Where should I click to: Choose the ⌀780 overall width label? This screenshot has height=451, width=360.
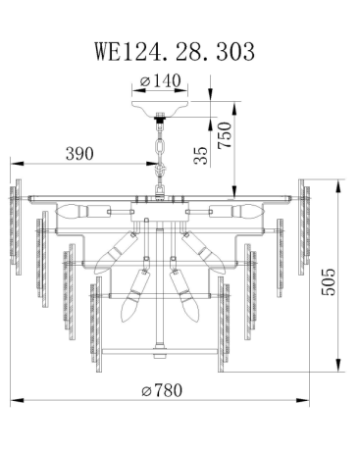[162, 389]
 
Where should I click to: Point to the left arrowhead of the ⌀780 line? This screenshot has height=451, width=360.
[14, 401]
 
